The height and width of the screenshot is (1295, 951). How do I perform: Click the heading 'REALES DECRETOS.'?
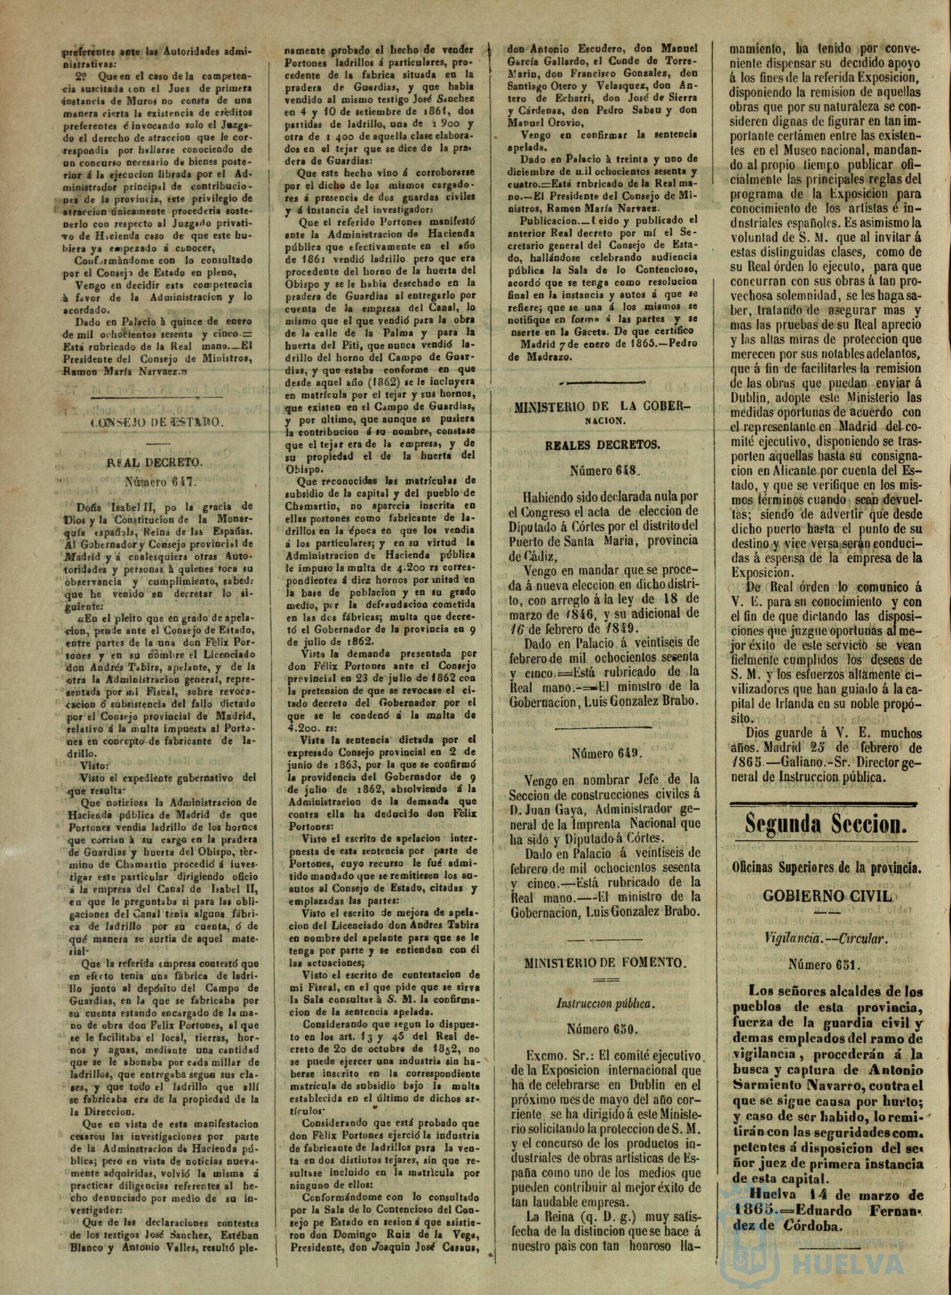click(x=602, y=445)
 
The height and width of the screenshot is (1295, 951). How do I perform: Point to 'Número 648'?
click(x=602, y=470)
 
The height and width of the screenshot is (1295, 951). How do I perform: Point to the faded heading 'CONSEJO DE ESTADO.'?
click(x=157, y=422)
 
